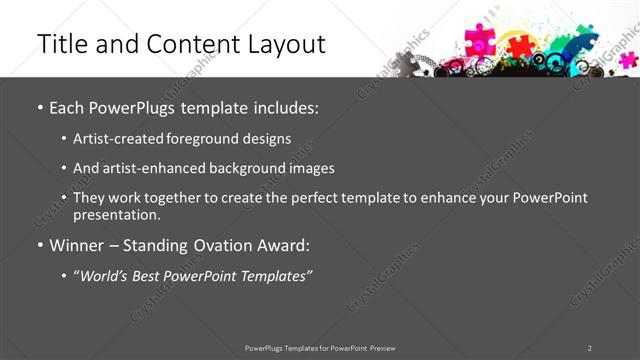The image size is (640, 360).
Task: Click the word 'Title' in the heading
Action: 58,44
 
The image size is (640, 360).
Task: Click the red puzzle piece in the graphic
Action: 520,46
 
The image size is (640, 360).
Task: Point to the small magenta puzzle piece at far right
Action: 628,59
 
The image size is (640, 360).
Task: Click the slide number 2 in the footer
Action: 589,348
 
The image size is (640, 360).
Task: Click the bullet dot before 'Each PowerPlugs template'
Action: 39,106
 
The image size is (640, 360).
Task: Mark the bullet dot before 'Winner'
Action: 39,245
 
